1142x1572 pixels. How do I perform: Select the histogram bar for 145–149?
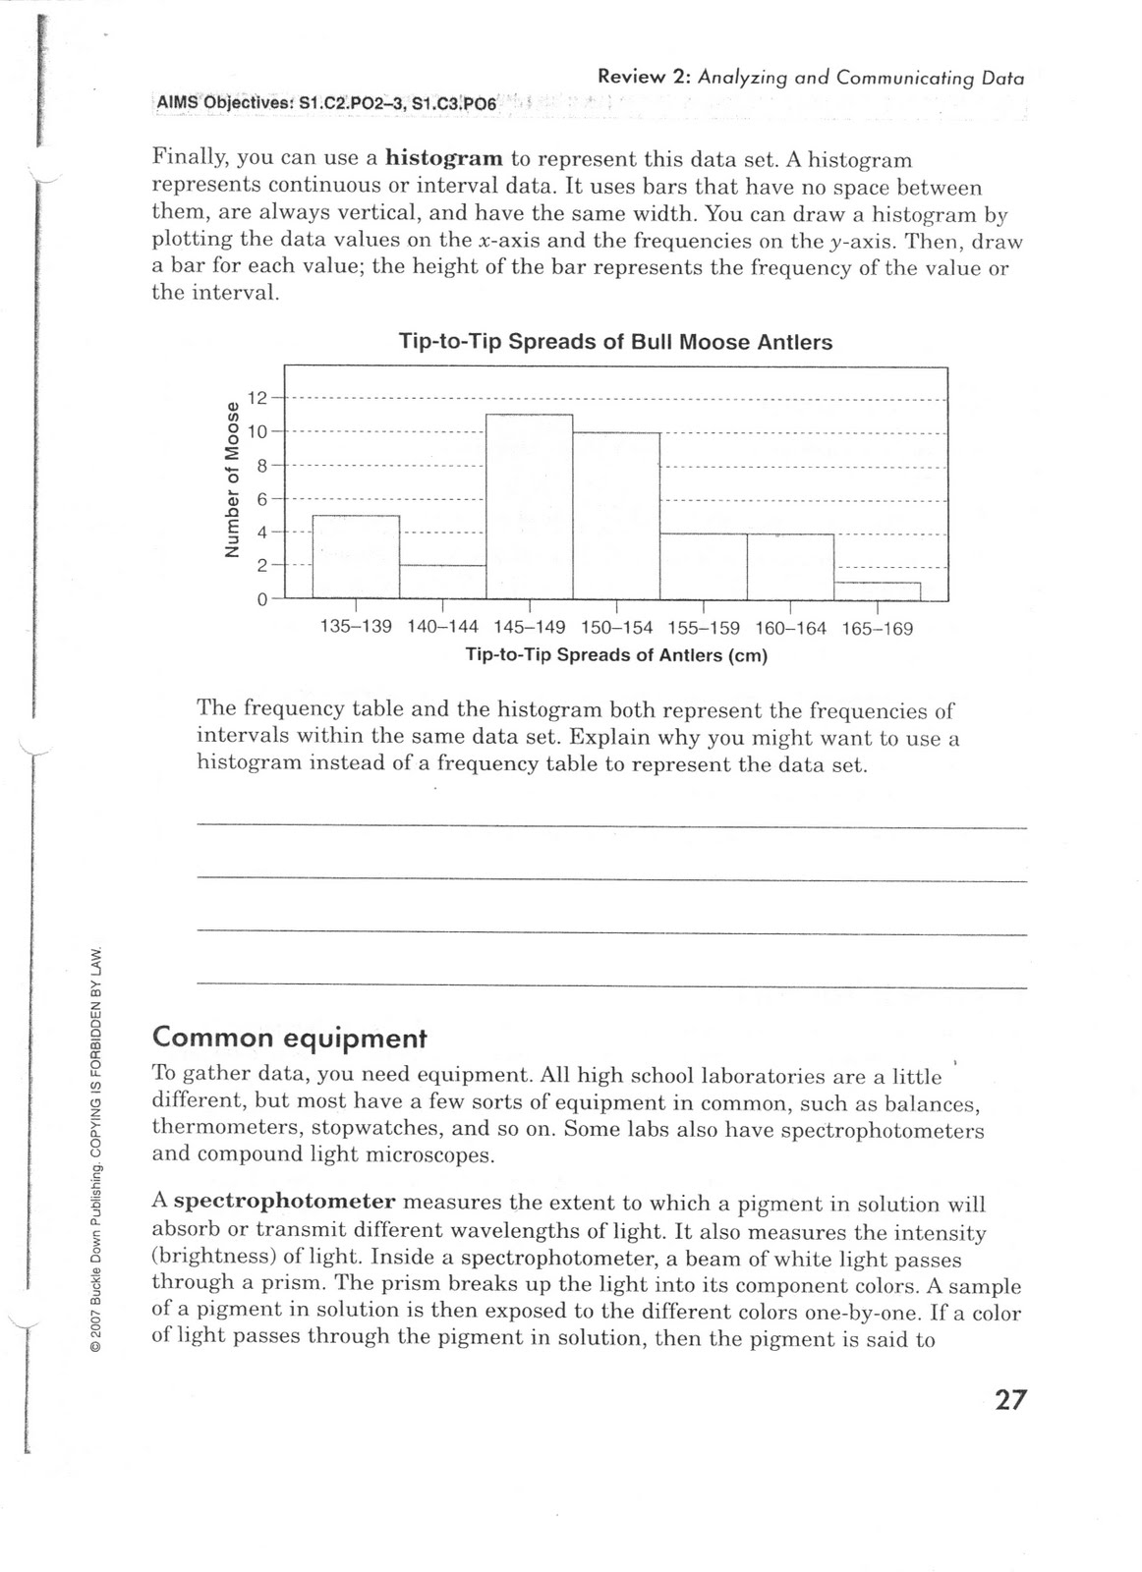coord(530,506)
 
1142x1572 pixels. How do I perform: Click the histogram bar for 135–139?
coord(356,556)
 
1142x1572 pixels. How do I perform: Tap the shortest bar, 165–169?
coord(877,590)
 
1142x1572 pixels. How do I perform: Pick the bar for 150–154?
coord(616,515)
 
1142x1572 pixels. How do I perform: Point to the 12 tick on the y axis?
coord(257,398)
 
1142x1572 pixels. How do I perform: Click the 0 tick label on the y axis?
coord(262,599)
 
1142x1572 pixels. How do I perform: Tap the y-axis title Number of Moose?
coord(232,479)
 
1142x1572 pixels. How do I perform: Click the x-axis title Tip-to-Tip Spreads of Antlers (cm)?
coord(615,655)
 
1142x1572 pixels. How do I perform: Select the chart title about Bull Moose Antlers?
coord(615,342)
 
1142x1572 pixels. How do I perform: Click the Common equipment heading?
coord(289,1038)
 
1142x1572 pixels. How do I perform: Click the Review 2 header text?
coord(810,78)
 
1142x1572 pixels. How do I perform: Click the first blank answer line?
coord(611,826)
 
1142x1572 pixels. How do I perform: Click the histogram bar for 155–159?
coord(703,566)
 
